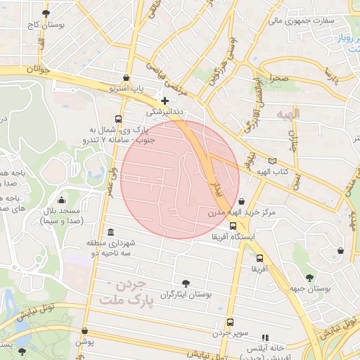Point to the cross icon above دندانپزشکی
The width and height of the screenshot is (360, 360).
tap(165, 101)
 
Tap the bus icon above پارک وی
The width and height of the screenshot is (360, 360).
tap(117, 119)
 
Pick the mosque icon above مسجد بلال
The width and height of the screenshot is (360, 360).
tap(61, 200)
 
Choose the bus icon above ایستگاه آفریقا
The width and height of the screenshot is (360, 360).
tap(233, 226)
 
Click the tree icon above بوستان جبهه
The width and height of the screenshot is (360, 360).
tap(311, 278)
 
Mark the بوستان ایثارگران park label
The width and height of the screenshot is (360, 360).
tap(186, 295)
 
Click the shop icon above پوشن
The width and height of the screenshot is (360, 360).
tap(85, 330)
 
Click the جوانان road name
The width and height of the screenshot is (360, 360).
tap(39, 70)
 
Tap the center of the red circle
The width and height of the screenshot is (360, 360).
tap(181, 179)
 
